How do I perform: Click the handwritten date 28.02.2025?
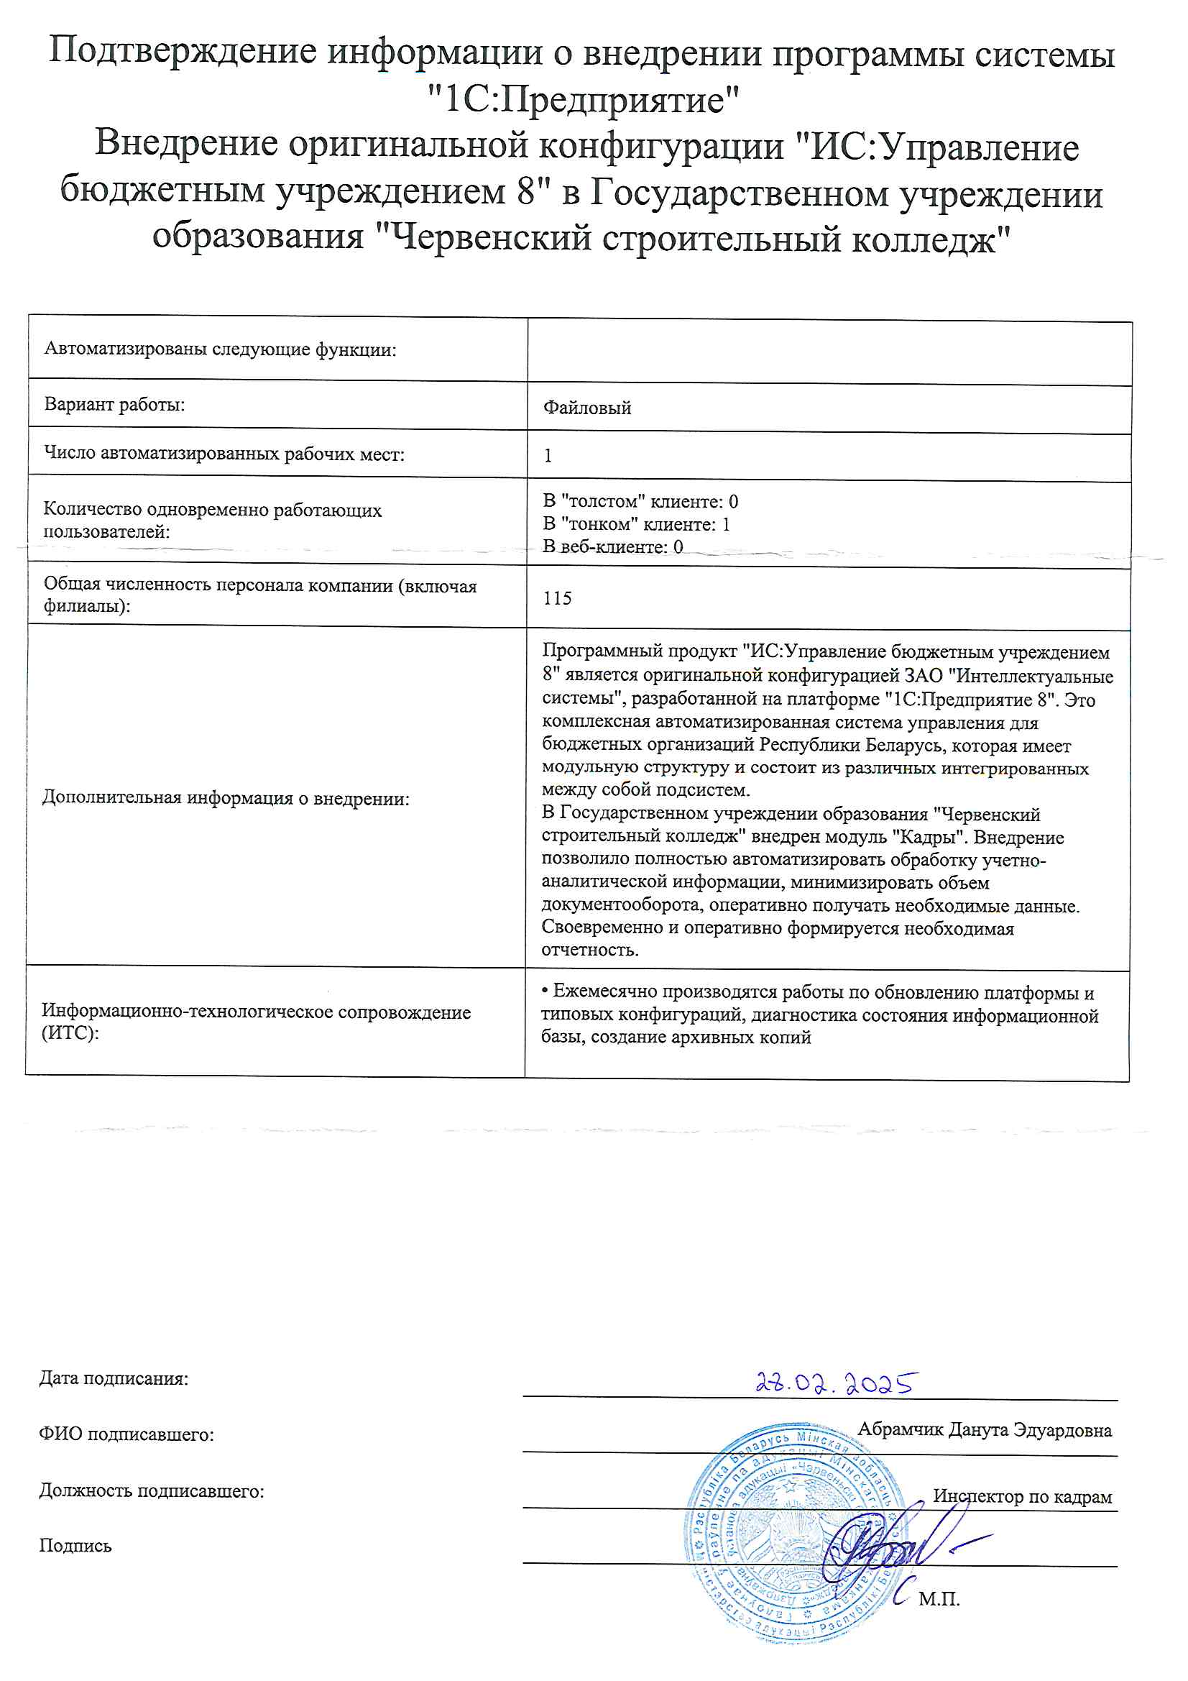836,1383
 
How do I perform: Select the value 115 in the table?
557,598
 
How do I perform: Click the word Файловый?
586,408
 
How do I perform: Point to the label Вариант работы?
114,404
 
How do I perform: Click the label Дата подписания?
114,1378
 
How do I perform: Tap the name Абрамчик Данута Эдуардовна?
984,1429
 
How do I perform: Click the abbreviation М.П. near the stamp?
939,1599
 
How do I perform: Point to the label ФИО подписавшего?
126,1434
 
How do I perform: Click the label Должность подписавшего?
152,1490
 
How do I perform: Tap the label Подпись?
75,1546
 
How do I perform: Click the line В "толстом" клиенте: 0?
640,502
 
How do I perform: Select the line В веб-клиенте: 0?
612,546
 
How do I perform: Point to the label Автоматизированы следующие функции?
220,349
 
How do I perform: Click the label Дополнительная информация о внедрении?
226,798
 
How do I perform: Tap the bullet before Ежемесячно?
545,991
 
